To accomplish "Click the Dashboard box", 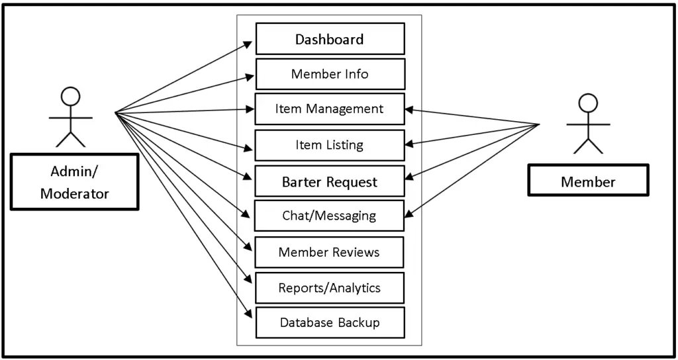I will click(330, 39).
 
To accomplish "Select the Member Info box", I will click(330, 74).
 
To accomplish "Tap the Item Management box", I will click(330, 109).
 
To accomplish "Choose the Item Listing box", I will click(330, 145).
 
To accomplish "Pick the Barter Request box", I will click(330, 182).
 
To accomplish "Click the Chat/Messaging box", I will click(330, 216).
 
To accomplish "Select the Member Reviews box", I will click(330, 252).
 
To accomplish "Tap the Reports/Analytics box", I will click(330, 288).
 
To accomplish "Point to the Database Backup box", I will click(330, 323).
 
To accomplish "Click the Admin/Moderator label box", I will click(74, 183).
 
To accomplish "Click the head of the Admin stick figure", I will click(70, 97).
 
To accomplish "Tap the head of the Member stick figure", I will click(588, 103).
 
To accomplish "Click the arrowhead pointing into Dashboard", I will click(248, 44).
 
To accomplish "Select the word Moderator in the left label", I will click(74, 193).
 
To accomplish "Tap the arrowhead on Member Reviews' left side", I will click(248, 247).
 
